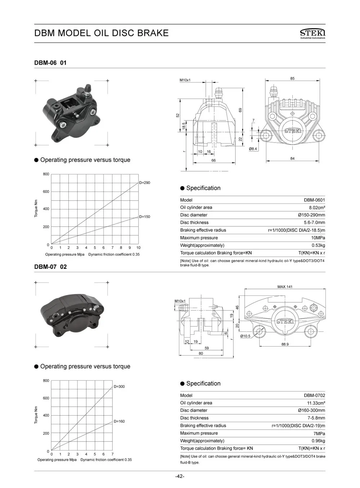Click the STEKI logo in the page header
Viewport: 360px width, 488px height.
tap(312, 33)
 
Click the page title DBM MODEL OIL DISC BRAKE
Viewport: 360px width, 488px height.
tap(101, 33)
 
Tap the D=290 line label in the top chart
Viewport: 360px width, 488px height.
tap(144, 183)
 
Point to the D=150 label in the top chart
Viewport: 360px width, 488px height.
tap(144, 217)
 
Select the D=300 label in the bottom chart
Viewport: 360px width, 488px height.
tap(119, 387)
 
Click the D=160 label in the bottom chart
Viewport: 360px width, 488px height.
tap(119, 421)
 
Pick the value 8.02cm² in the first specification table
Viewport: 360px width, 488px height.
tap(317, 208)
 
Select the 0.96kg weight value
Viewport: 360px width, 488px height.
tap(318, 441)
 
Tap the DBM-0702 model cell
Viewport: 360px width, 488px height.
tap(314, 396)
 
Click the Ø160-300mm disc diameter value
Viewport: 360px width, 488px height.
tap(311, 411)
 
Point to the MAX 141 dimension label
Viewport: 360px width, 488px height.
tap(285, 287)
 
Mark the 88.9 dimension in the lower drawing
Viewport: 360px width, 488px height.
tap(285, 344)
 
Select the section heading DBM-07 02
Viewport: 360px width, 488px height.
tap(50, 267)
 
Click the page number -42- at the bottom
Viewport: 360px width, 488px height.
tap(180, 476)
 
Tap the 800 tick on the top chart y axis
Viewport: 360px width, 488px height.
tap(46, 175)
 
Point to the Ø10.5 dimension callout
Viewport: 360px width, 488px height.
tap(245, 336)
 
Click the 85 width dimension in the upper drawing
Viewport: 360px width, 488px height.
tap(292, 78)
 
